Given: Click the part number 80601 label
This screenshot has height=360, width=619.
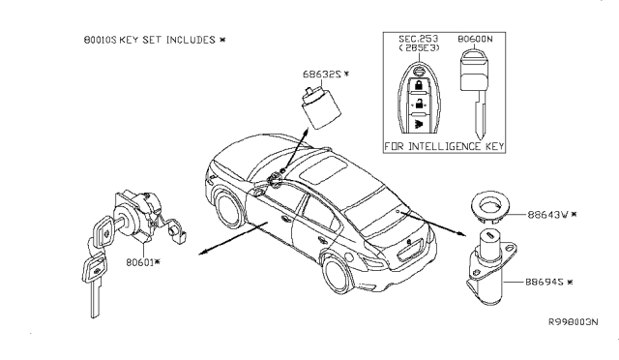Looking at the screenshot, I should [141, 261].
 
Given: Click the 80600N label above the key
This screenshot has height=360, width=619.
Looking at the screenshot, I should [474, 40].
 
